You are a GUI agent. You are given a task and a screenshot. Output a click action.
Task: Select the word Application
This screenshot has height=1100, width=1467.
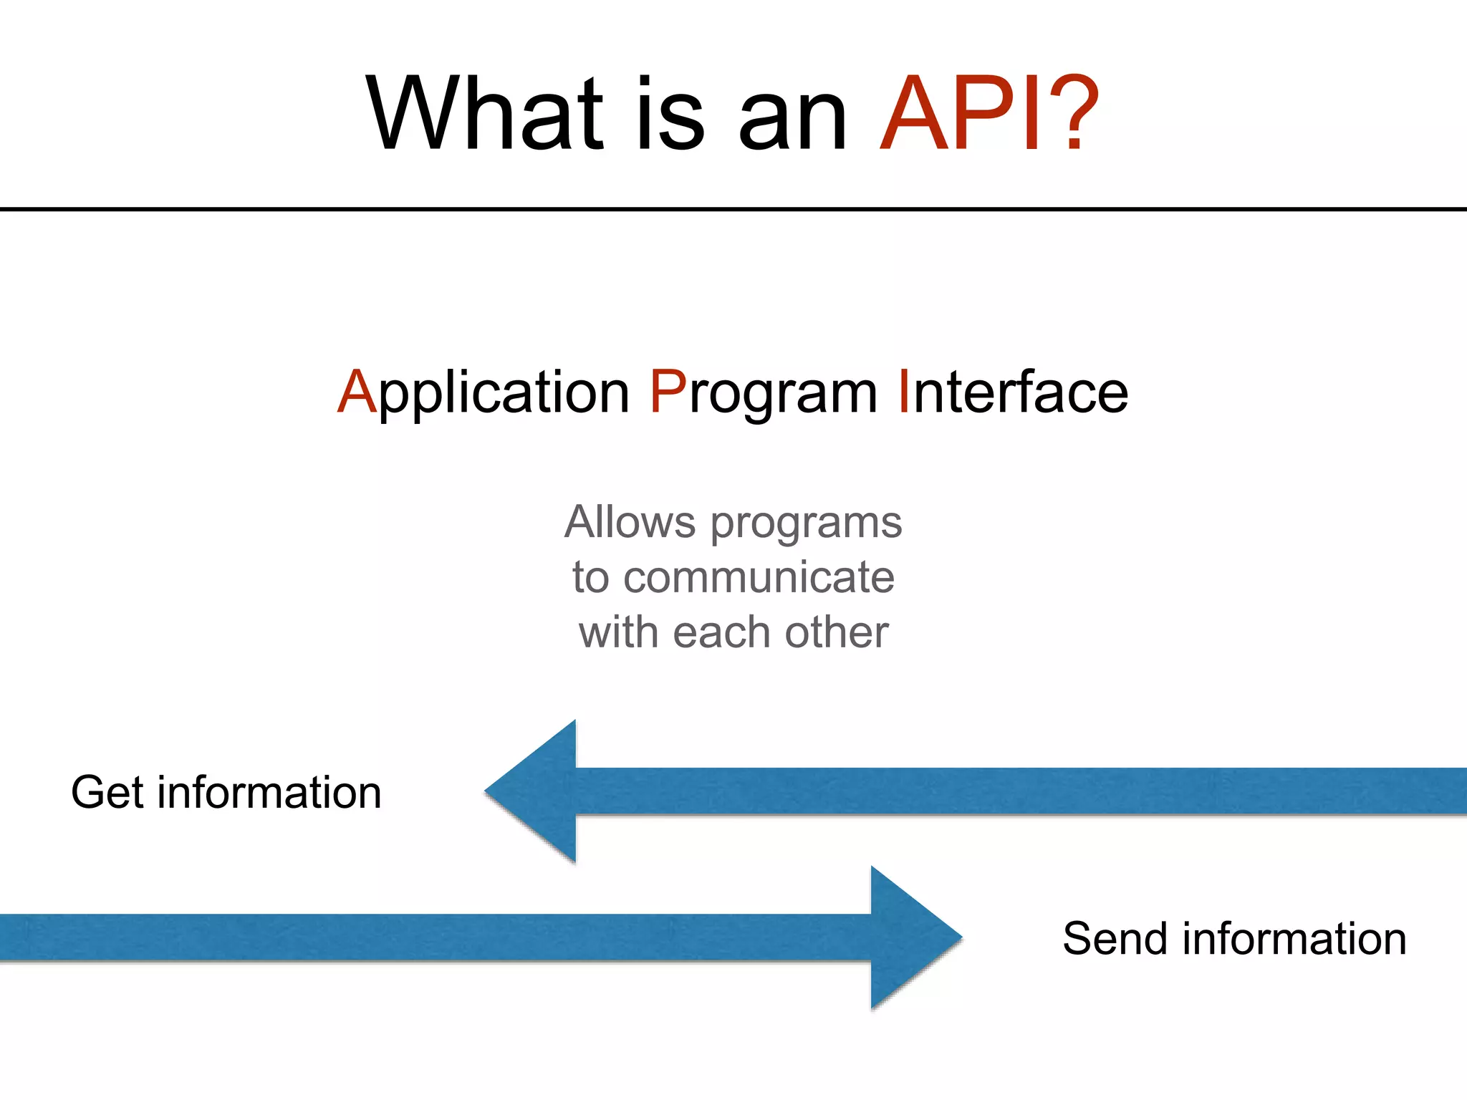tap(484, 392)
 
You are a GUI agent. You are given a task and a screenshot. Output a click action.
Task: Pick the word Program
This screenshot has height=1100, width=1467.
tap(764, 392)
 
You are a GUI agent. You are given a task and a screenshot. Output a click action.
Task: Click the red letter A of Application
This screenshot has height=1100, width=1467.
tap(357, 392)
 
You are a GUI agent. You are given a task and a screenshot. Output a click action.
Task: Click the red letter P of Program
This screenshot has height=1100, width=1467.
tap(668, 392)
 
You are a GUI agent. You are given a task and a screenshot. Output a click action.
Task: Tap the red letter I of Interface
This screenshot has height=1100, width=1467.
tap(904, 392)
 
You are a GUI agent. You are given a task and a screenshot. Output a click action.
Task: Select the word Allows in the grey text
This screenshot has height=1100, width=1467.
tap(630, 522)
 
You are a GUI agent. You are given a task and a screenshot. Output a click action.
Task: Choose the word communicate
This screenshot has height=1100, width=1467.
tap(759, 577)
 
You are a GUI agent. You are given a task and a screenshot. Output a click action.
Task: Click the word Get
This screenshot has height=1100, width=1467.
tap(107, 793)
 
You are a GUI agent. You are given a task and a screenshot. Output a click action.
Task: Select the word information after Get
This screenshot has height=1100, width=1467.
tap(269, 793)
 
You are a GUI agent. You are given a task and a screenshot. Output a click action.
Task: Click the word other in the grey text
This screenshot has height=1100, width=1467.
tap(837, 632)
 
